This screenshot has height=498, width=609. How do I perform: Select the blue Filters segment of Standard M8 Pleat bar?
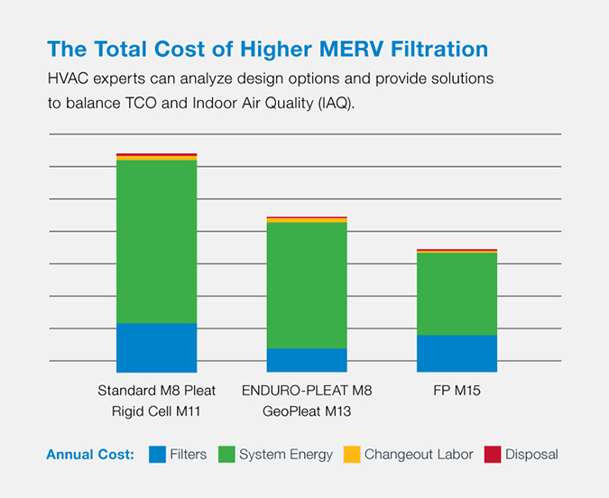tap(156, 347)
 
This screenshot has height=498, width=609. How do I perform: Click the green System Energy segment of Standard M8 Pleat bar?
tap(156, 241)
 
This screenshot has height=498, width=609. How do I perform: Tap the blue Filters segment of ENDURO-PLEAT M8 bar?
tap(307, 360)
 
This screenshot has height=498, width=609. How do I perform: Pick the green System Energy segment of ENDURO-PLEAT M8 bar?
tap(307, 285)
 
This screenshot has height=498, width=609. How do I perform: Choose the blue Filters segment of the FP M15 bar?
tap(457, 353)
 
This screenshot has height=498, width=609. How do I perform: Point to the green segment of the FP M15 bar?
tap(457, 293)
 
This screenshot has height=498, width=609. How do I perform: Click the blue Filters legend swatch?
tap(157, 455)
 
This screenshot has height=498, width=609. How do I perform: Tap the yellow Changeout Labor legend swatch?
tap(352, 455)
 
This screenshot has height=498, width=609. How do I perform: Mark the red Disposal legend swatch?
tap(493, 455)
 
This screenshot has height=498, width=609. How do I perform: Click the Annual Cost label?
tap(90, 455)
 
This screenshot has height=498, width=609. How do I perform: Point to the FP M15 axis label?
tap(457, 391)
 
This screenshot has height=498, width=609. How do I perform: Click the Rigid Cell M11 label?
tap(156, 411)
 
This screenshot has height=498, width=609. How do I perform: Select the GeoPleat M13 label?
tap(307, 411)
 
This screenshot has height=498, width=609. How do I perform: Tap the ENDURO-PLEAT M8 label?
tap(307, 391)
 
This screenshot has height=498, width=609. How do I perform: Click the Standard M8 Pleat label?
tap(156, 391)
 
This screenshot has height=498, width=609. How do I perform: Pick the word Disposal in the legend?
tap(531, 455)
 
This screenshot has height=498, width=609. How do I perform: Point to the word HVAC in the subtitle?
tap(66, 78)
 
